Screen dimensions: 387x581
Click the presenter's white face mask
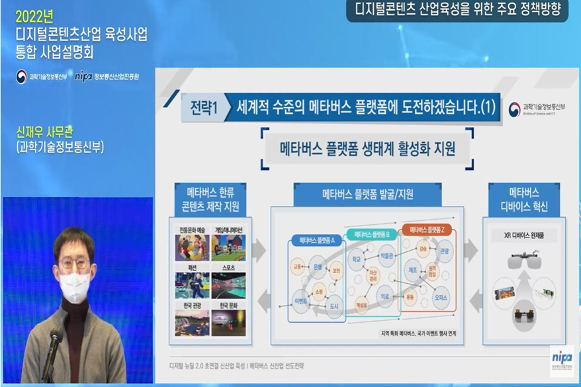coord(75,286)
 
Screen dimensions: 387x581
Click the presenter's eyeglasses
coord(74,263)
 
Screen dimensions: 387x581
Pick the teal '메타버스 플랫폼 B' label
coord(371,235)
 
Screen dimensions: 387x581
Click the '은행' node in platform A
coord(318,267)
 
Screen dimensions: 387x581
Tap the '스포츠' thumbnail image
coord(228,284)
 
